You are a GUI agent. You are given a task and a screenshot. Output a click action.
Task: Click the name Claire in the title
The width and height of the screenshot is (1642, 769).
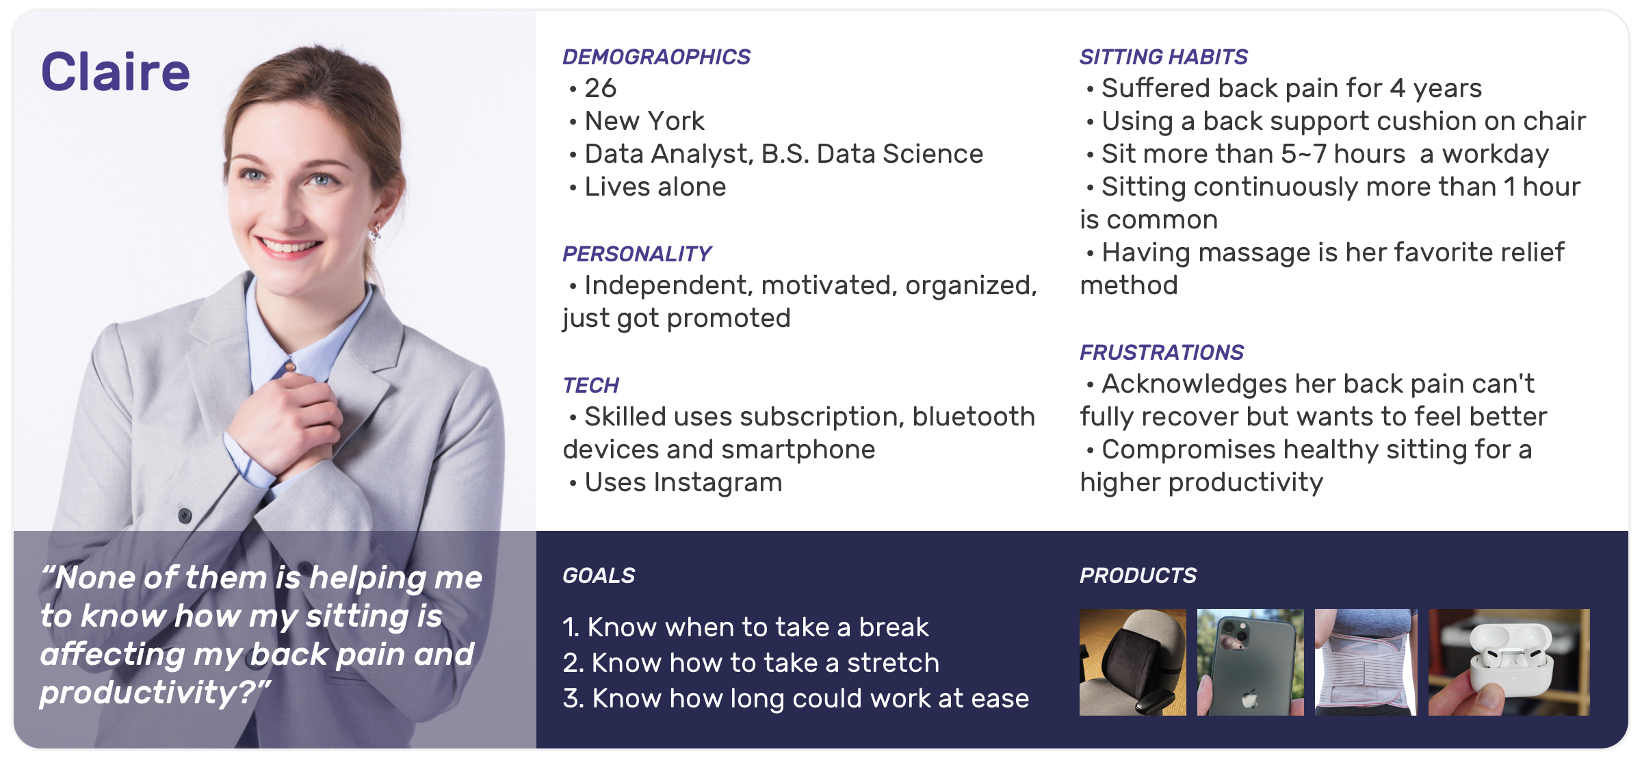click(116, 72)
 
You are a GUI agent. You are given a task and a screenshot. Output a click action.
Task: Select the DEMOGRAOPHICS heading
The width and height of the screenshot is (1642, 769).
click(656, 57)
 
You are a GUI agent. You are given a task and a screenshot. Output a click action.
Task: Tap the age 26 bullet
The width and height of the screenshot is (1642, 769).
click(600, 88)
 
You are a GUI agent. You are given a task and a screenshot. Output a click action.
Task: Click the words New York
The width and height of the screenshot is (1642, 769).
click(644, 121)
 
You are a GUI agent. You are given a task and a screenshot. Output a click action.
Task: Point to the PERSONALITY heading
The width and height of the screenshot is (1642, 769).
click(637, 254)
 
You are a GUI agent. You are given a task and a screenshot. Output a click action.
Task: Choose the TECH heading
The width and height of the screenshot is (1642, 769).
click(590, 385)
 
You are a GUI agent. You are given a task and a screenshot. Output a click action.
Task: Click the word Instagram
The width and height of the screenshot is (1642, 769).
click(718, 483)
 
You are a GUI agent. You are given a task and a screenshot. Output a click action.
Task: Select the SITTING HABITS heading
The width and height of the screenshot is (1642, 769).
click(1164, 57)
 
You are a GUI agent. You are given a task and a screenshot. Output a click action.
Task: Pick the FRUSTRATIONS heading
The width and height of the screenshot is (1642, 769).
click(1162, 352)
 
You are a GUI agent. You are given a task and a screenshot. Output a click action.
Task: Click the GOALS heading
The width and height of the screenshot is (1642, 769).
click(599, 575)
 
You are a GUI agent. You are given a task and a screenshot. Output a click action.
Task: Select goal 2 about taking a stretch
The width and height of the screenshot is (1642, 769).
click(751, 663)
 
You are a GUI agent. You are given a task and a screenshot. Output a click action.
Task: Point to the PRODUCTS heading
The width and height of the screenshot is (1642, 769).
click(1138, 575)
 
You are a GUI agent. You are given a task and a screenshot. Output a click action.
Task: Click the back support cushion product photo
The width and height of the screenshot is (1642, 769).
click(1133, 662)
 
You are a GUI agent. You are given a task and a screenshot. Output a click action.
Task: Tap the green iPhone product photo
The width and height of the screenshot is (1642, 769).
click(1250, 662)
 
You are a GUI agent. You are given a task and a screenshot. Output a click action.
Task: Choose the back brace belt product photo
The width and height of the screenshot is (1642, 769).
click(1366, 662)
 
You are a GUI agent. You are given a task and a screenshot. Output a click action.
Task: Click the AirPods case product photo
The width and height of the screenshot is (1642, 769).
click(1509, 662)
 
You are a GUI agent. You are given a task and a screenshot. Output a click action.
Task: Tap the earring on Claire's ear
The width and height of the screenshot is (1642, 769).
click(376, 233)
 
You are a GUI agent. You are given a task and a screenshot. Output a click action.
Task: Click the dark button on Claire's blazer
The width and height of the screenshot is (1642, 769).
click(185, 514)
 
